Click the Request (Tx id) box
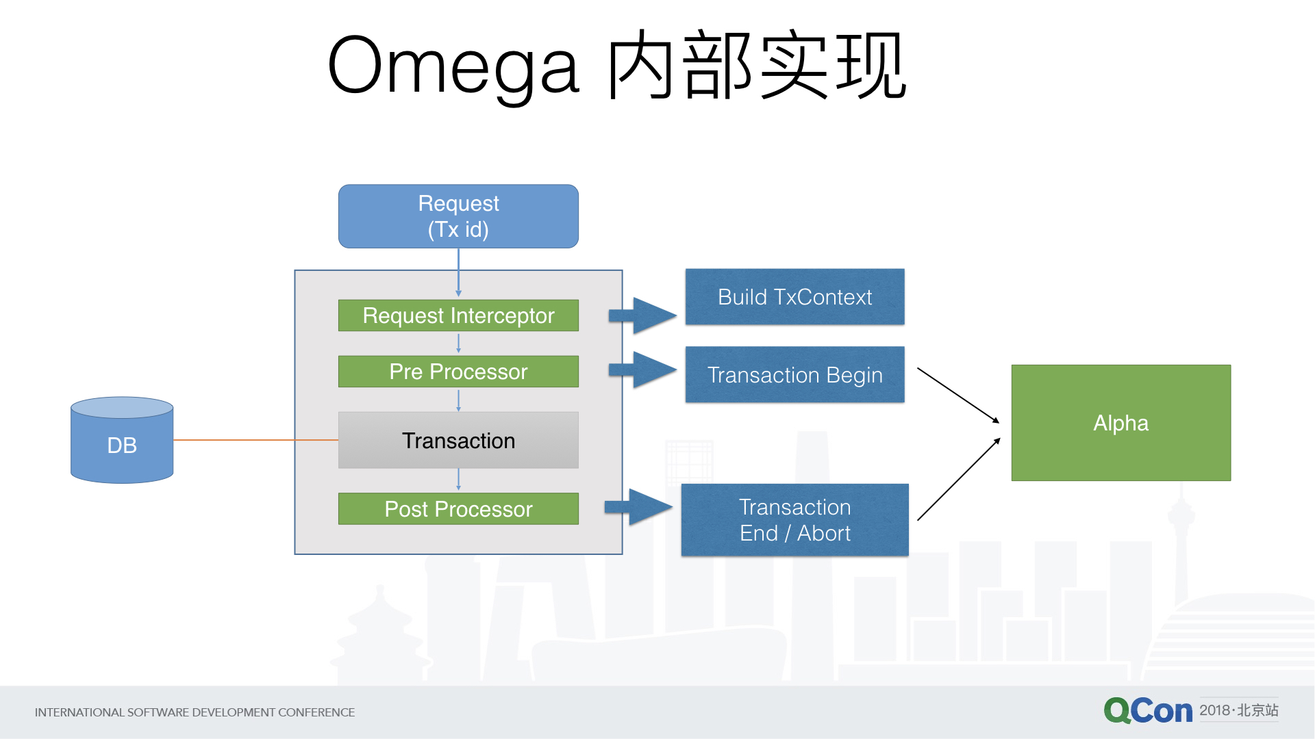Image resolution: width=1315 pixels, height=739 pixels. [458, 216]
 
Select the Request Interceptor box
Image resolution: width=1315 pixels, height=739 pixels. [458, 315]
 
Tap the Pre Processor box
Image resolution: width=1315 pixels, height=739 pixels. [458, 372]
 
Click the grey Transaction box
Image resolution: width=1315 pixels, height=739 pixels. [458, 440]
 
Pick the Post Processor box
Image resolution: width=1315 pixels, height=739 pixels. [458, 509]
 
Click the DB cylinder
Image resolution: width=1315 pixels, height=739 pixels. [122, 441]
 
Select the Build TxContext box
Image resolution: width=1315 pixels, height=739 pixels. [794, 297]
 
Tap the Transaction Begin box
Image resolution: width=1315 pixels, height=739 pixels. [794, 374]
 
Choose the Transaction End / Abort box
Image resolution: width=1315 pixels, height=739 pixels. [794, 520]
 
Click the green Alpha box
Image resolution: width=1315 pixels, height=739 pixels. [1120, 423]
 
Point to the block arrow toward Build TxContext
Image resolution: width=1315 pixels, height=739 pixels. [644, 315]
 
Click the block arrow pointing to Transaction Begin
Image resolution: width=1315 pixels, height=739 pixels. [644, 369]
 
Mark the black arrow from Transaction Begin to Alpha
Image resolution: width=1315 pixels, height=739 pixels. [957, 395]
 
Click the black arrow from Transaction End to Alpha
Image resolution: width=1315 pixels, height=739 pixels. [957, 480]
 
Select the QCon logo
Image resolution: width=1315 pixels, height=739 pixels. [1148, 711]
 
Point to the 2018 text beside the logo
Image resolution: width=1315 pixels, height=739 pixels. [1215, 710]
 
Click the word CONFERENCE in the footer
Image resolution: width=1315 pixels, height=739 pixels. [316, 712]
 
